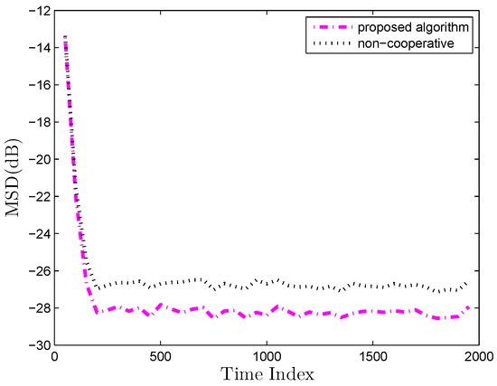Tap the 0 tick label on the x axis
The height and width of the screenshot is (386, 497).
pyautogui.click(x=55, y=356)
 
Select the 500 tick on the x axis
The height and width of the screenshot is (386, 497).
pyautogui.click(x=161, y=356)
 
